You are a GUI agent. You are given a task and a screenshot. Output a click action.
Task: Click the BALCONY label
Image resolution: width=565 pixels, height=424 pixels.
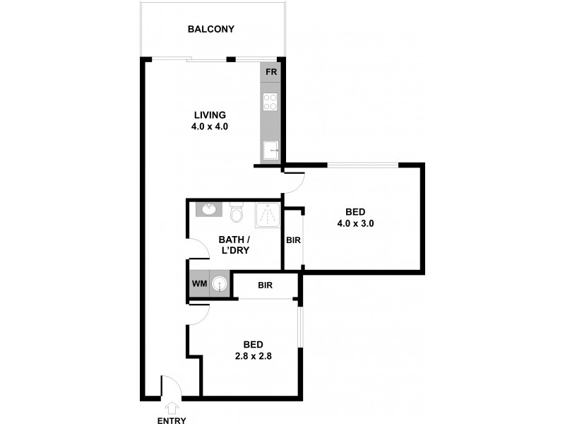pyautogui.click(x=210, y=30)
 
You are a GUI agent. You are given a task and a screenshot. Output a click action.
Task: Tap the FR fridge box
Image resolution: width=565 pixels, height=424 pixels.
pyautogui.click(x=270, y=72)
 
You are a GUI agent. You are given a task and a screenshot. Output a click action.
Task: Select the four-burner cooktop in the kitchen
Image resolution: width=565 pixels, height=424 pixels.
pyautogui.click(x=270, y=102)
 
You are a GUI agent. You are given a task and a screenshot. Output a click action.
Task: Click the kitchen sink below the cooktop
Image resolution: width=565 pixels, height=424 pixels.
pyautogui.click(x=270, y=151)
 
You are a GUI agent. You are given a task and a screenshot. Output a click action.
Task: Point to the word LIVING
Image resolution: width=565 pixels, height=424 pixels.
pyautogui.click(x=210, y=115)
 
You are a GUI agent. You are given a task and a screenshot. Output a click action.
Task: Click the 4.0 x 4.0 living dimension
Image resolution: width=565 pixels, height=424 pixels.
pyautogui.click(x=210, y=127)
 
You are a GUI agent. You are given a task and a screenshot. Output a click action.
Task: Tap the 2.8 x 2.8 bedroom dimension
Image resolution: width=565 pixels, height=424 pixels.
pyautogui.click(x=254, y=356)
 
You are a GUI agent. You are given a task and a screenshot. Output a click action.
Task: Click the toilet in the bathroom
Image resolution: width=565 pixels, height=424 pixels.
pyautogui.click(x=237, y=211)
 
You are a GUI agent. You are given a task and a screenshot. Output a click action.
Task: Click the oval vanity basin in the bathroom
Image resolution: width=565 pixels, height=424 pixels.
pyautogui.click(x=209, y=209)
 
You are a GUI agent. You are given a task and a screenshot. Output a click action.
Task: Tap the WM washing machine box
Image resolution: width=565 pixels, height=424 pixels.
pyautogui.click(x=198, y=284)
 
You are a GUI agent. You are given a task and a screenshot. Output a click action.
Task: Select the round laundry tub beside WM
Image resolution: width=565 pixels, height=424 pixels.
pyautogui.click(x=221, y=284)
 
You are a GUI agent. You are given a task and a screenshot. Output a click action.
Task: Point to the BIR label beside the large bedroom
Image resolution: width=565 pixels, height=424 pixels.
pyautogui.click(x=294, y=240)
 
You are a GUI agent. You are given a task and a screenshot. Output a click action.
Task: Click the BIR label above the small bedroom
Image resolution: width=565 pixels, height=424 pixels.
pyautogui.click(x=266, y=285)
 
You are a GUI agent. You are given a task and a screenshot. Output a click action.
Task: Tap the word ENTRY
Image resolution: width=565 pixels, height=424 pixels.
pyautogui.click(x=172, y=420)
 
